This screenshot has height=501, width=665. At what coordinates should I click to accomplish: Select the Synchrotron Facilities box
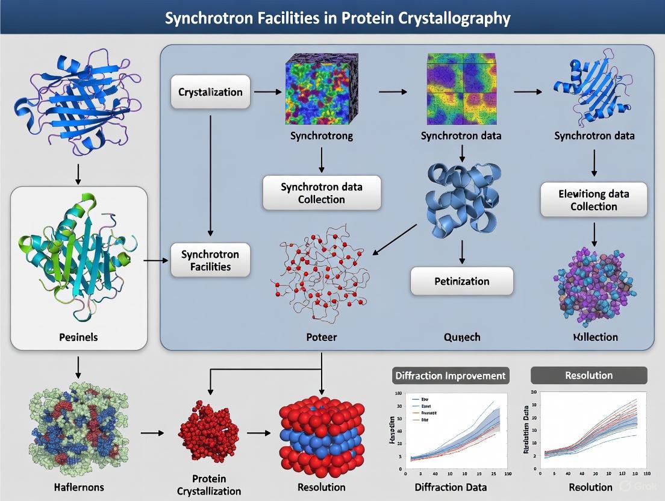pyautogui.click(x=210, y=260)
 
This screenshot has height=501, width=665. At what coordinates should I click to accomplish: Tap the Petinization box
pyautogui.click(x=461, y=281)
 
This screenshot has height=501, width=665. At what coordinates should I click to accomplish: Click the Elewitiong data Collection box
pyautogui.click(x=593, y=200)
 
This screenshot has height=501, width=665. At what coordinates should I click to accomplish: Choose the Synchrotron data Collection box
pyautogui.click(x=322, y=193)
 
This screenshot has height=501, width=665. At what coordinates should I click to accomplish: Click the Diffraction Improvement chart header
pyautogui.click(x=450, y=375)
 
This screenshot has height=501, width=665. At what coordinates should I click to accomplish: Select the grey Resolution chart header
pyautogui.click(x=589, y=375)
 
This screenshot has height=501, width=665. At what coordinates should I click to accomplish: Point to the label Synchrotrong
pyautogui.click(x=322, y=136)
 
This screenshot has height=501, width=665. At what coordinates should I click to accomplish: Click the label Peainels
pyautogui.click(x=79, y=337)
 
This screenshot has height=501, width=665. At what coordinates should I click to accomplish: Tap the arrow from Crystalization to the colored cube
pyautogui.click(x=267, y=92)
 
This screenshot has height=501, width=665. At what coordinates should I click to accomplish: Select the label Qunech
pyautogui.click(x=461, y=337)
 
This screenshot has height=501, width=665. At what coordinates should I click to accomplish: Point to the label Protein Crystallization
pyautogui.click(x=209, y=485)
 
